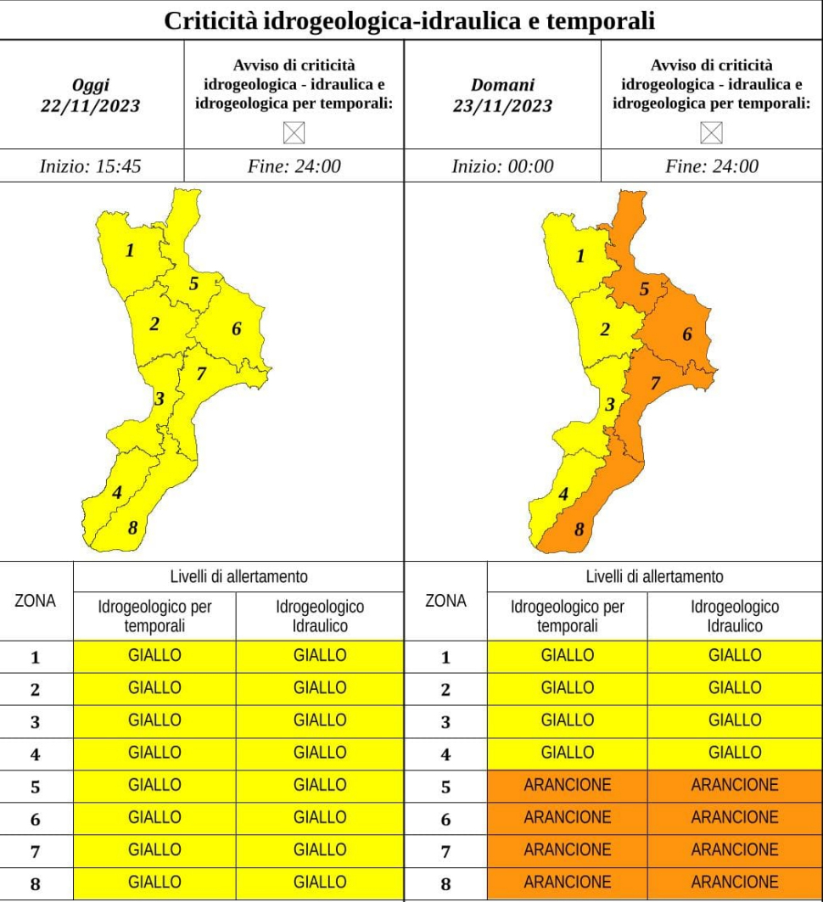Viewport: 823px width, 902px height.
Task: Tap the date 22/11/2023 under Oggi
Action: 90,107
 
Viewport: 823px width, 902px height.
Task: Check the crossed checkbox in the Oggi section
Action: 294,133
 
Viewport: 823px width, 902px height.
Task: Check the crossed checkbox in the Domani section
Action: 711,133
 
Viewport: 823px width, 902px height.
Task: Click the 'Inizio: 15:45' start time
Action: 91,166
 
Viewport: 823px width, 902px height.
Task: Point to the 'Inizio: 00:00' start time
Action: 502,166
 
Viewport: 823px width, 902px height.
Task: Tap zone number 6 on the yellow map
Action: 237,329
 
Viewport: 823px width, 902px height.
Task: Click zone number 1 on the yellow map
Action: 130,250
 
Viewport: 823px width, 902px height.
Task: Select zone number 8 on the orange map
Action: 579,530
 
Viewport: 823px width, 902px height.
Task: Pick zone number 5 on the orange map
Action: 644,290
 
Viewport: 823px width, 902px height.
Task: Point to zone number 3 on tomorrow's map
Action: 608,406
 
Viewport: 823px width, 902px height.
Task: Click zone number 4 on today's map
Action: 117,492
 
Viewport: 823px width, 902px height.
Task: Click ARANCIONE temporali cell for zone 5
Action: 568,785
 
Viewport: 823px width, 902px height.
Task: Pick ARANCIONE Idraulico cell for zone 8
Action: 735,882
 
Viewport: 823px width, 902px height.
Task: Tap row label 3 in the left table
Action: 36,721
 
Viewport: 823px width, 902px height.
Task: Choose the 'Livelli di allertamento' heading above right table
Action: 654,577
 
